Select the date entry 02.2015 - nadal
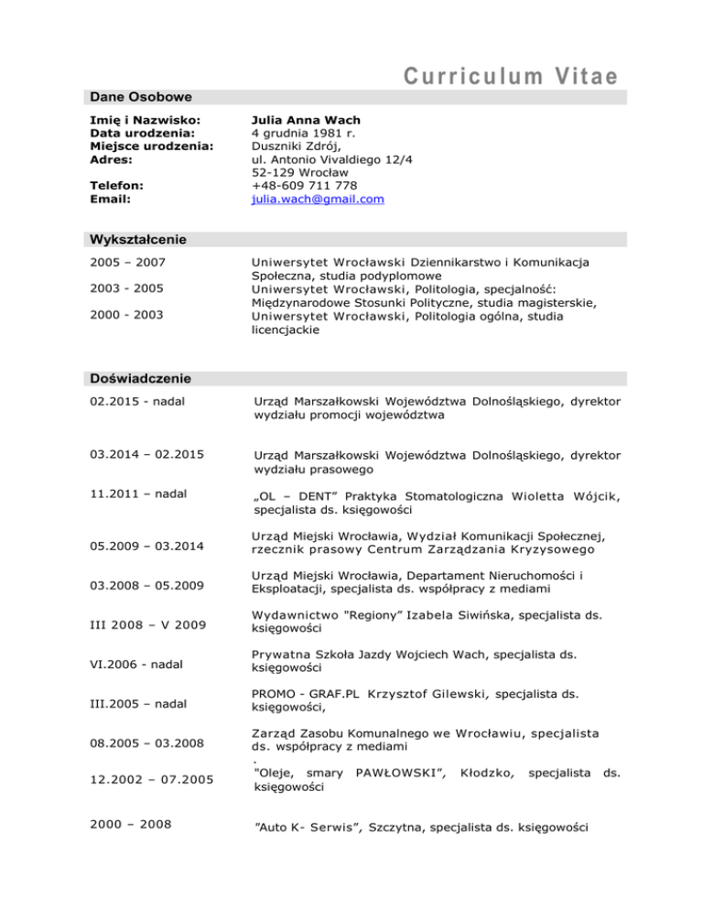128,401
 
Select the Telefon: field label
113,185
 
